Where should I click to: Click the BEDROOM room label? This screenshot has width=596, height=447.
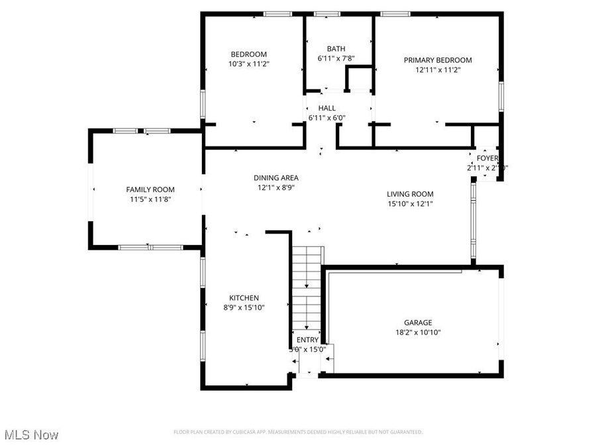248,54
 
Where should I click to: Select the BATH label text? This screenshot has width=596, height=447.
336,49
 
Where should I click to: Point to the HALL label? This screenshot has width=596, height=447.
326,108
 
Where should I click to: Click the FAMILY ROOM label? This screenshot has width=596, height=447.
150,189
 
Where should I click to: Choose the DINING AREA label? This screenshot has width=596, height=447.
275,177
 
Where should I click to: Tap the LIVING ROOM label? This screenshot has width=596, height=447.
410,194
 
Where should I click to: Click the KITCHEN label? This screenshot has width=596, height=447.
244,298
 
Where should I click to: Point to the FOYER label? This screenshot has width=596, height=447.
487,158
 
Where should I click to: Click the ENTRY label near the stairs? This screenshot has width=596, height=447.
307,340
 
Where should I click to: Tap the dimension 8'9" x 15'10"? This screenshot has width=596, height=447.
244,307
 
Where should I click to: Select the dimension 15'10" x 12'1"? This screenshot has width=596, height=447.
410,204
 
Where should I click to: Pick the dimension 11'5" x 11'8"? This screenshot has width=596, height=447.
150,199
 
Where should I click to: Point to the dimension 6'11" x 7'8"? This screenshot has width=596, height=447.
336,58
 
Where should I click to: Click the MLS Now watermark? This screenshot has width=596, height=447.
31,435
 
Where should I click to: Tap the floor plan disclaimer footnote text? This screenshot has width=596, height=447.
298,432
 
